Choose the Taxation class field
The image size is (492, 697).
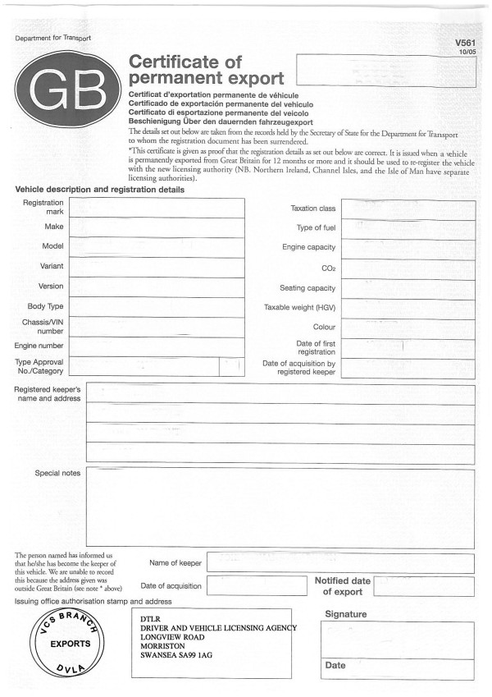(408, 209)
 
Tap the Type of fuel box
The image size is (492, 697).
(408, 228)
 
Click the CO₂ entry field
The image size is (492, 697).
(408, 268)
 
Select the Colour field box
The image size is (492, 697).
(408, 327)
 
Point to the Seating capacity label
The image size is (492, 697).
(307, 289)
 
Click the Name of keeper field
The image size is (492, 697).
(340, 563)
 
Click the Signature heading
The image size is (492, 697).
(345, 614)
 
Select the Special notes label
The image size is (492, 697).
(57, 473)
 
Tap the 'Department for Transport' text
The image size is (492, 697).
(52, 39)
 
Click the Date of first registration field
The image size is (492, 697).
(408, 346)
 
